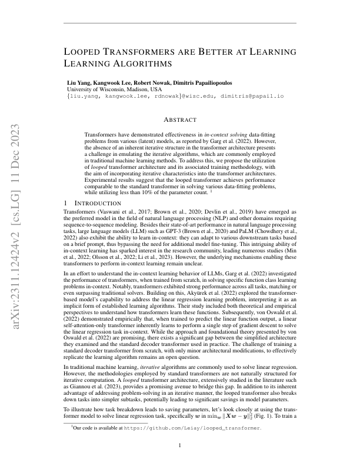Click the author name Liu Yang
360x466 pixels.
[x=79, y=82]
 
